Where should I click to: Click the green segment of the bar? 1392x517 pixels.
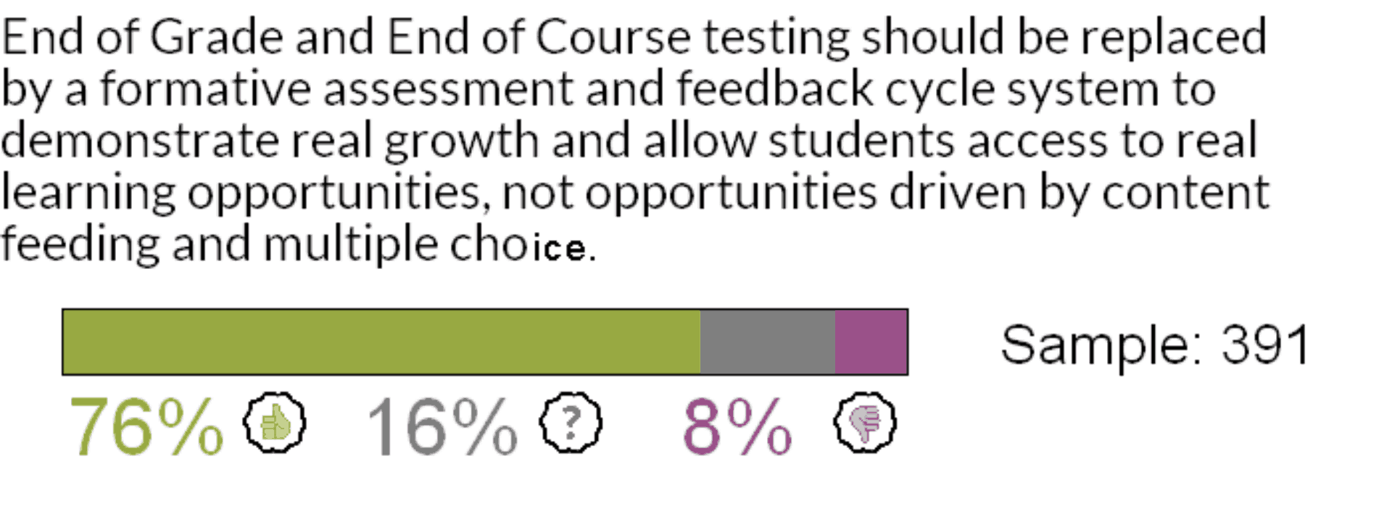381,342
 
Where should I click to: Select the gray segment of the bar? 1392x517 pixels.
767,342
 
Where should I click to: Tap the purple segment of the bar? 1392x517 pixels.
871,342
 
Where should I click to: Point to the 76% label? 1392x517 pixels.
146,427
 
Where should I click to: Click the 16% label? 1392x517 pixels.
442,427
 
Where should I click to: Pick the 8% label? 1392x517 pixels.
737,427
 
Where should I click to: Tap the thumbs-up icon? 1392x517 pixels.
274,423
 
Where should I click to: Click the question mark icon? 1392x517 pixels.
571,423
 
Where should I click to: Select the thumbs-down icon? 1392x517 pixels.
864,423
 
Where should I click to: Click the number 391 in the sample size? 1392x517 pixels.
1266,344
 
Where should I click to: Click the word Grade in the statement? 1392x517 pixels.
216,36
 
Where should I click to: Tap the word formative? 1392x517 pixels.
205,88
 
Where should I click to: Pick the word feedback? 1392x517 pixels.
774,88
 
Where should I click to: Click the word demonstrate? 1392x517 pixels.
139,141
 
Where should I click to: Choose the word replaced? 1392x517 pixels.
1174,36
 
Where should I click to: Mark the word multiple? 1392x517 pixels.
350,244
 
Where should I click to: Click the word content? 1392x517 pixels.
1185,192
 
